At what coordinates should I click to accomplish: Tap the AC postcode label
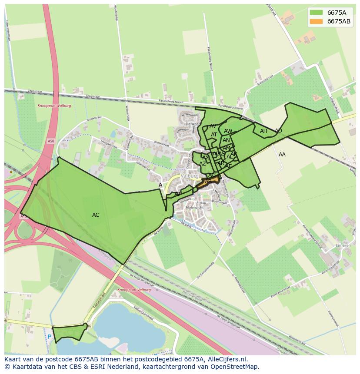pyautogui.click(x=96, y=215)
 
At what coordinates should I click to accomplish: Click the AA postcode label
pyautogui.click(x=282, y=155)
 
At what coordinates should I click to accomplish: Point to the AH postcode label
pyautogui.click(x=263, y=131)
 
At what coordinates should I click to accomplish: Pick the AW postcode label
pyautogui.click(x=228, y=131)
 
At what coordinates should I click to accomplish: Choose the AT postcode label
pyautogui.click(x=214, y=135)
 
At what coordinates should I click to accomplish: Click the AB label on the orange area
pyautogui.click(x=208, y=181)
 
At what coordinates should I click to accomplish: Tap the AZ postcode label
pyautogui.click(x=203, y=164)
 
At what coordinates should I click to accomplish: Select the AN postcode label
pyautogui.click(x=226, y=140)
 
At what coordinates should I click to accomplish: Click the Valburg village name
pyautogui.click(x=190, y=176)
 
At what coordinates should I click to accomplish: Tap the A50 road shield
pyautogui.click(x=51, y=141)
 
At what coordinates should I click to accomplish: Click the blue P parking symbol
pyautogui.click(x=50, y=337)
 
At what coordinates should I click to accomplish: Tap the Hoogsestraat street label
pyautogui.click(x=109, y=143)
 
